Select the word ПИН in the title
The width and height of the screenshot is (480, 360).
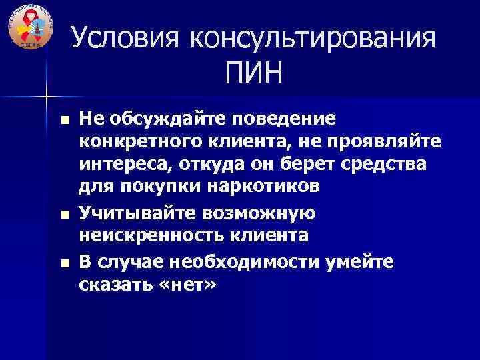click(x=254, y=73)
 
